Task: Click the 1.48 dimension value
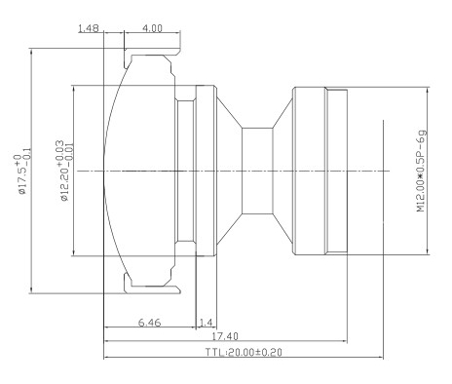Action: [x=89, y=28]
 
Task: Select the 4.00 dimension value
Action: [x=152, y=28]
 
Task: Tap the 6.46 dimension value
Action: [x=149, y=323]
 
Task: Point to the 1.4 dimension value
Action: [x=206, y=323]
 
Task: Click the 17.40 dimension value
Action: [x=225, y=336]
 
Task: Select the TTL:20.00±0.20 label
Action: [x=244, y=352]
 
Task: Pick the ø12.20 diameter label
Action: [x=64, y=171]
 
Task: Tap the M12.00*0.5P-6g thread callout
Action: [x=421, y=172]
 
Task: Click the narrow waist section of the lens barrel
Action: [x=257, y=171]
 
